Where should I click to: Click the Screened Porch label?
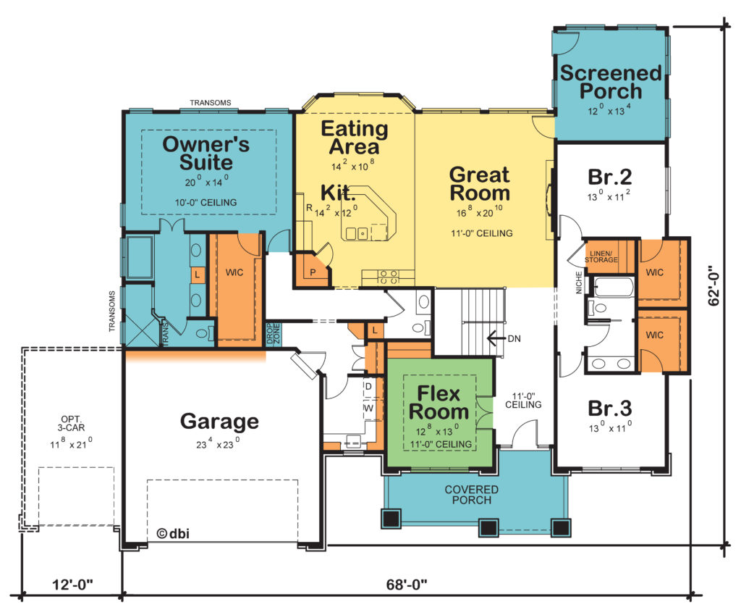pyautogui.click(x=611, y=82)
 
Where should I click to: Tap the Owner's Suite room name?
pyautogui.click(x=206, y=153)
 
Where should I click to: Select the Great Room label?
pyautogui.click(x=480, y=183)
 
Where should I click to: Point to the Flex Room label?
pyautogui.click(x=439, y=403)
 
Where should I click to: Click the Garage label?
pyautogui.click(x=219, y=421)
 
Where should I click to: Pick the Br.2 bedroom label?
pyautogui.click(x=609, y=177)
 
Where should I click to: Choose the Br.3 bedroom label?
pyautogui.click(x=609, y=408)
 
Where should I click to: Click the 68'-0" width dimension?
pyautogui.click(x=407, y=585)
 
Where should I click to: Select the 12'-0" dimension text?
pyautogui.click(x=72, y=585)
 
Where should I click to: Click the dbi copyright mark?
pyautogui.click(x=173, y=534)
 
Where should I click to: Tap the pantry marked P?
pyautogui.click(x=313, y=272)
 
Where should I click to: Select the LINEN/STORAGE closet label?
pyautogui.click(x=601, y=256)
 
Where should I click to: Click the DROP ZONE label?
pyautogui.click(x=273, y=334)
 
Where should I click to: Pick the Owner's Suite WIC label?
pyautogui.click(x=234, y=272)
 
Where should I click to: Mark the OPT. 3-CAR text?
pyautogui.click(x=72, y=424)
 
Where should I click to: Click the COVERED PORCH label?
pyautogui.click(x=471, y=495)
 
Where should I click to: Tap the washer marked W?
pyautogui.click(x=368, y=408)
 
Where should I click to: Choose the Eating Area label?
pyautogui.click(x=355, y=138)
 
